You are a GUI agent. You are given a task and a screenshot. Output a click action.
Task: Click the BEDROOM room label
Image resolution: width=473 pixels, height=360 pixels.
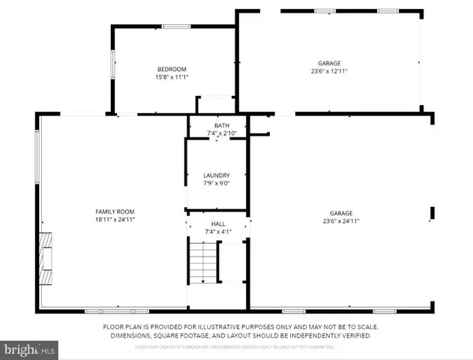(171, 69)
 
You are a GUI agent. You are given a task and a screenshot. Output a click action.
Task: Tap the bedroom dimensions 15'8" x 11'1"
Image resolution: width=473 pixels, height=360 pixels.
(171, 76)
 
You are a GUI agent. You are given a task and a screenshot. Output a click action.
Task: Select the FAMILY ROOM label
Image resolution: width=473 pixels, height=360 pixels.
(114, 211)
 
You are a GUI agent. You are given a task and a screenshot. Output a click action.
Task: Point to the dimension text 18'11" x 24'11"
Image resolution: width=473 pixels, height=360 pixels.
(114, 220)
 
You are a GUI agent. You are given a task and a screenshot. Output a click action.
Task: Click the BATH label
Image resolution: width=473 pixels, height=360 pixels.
(221, 125)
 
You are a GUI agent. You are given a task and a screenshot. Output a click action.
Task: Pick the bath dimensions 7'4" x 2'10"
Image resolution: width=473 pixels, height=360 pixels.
(221, 133)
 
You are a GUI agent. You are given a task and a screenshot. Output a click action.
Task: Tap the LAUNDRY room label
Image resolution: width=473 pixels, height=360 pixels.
(217, 175)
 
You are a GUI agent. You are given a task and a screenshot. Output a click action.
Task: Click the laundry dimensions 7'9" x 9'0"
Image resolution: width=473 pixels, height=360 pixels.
(217, 184)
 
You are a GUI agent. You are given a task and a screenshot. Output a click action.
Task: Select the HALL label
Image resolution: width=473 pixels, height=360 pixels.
(217, 223)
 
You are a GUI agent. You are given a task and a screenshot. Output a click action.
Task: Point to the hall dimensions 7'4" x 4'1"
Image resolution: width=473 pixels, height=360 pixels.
(217, 232)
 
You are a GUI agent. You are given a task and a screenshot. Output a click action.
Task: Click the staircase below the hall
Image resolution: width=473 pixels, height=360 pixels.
(202, 262)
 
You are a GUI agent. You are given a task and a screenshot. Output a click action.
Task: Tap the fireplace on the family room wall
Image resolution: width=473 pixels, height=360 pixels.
(46, 259)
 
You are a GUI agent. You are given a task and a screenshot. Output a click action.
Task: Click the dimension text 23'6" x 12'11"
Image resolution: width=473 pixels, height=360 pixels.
(330, 71)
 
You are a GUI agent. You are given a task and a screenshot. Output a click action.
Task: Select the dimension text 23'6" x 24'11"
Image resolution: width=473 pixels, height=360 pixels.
(342, 221)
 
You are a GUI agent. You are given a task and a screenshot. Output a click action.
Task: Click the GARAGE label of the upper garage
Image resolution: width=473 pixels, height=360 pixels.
(330, 63)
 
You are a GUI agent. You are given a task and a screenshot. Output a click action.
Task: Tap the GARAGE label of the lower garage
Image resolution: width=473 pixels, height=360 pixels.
(342, 213)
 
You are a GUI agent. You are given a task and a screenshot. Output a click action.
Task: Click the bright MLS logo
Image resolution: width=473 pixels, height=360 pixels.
(30, 349)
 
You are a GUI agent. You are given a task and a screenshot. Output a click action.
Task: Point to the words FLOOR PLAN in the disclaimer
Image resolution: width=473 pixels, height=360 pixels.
(123, 328)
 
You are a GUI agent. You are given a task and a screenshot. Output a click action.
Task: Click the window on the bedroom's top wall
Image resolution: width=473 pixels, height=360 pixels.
(175, 27)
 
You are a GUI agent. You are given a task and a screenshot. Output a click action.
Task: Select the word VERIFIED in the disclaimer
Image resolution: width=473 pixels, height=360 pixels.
(353, 336)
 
